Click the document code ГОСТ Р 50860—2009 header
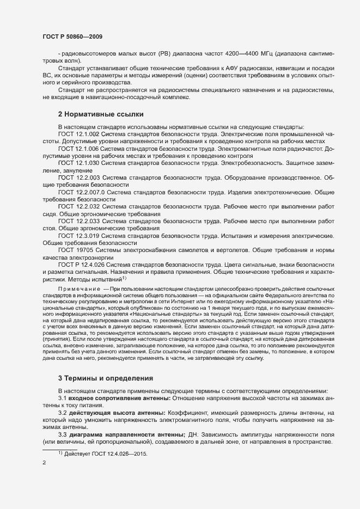(x=72, y=36)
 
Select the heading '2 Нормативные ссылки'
(x=101, y=114)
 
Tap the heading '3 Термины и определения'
(x=105, y=378)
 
